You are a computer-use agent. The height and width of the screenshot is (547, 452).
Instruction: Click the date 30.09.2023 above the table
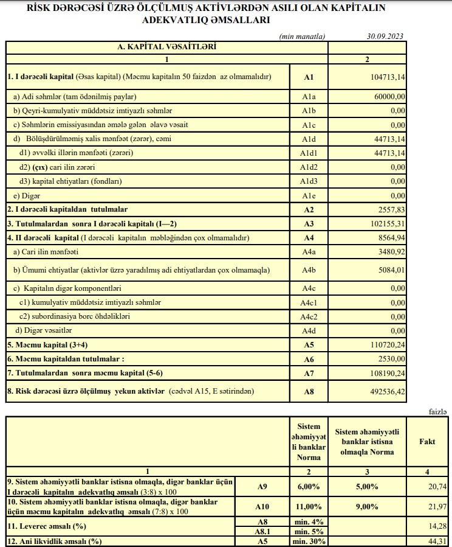coord(385,36)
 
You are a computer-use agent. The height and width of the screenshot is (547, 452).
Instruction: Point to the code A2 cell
coord(309,209)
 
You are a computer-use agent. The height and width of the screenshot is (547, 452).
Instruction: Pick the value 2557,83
coord(392,209)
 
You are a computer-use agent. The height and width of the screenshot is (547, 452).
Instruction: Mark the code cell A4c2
coord(309,316)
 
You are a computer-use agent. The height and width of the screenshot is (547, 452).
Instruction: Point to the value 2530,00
coord(392,360)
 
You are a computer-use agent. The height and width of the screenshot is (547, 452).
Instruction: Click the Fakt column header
coord(427,442)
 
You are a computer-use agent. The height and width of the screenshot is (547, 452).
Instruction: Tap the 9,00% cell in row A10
coord(366,506)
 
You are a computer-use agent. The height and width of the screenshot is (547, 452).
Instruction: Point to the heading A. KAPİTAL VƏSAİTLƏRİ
coord(166,46)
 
